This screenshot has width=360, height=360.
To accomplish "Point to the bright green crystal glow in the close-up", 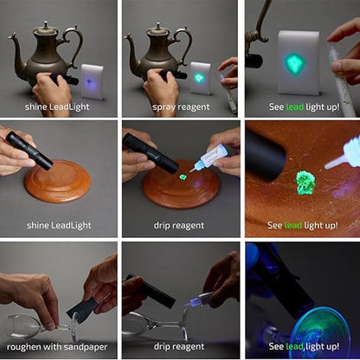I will click(x=305, y=183).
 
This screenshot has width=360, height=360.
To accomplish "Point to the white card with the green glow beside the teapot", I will click(x=200, y=78).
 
